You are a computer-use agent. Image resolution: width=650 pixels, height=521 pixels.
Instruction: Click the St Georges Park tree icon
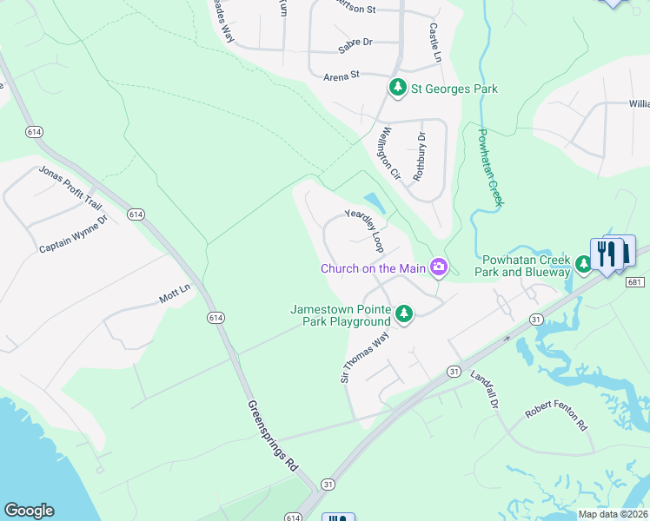398,88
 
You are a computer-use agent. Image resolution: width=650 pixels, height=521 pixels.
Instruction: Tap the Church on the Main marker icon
439,268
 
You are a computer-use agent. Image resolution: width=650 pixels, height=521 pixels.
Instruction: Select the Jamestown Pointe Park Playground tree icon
403,314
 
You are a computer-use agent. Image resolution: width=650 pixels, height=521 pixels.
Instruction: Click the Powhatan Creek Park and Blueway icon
584,263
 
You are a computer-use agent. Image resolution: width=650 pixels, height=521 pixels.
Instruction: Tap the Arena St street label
342,76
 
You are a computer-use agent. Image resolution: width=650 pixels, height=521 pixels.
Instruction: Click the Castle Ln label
435,42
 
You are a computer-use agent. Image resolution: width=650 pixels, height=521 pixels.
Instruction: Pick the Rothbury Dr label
420,155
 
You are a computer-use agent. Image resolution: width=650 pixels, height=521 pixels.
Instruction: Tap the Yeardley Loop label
364,229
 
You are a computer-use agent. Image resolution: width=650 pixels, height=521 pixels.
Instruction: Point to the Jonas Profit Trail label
70,187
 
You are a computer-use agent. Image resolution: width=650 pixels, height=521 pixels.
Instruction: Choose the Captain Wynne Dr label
73,235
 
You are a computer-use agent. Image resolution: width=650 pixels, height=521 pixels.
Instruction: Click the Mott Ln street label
174,294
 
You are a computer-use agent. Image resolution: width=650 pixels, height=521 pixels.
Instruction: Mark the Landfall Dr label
486,390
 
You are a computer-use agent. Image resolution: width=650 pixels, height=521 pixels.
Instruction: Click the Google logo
29,511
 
